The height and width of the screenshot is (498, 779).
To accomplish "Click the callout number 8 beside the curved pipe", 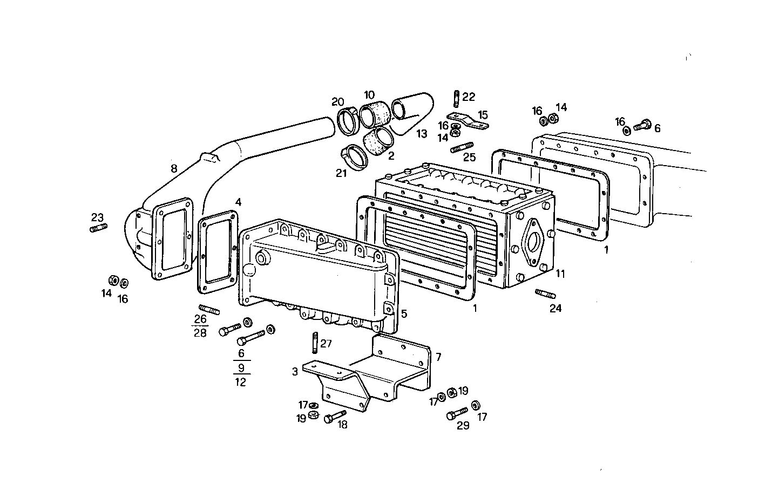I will click(173, 169).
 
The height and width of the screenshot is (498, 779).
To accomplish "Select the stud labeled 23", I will click(98, 228).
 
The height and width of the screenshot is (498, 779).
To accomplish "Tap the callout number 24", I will click(556, 309).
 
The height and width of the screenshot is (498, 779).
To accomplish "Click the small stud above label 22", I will click(456, 99).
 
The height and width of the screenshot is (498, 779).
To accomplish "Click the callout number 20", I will click(338, 102).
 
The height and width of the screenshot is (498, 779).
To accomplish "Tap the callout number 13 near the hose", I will click(421, 133).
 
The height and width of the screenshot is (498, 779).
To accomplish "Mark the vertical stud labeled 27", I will click(314, 343).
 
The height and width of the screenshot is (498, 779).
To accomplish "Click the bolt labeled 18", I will click(335, 417).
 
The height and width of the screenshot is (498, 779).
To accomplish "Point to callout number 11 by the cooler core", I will click(560, 274).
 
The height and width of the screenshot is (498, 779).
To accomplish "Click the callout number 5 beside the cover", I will click(404, 313).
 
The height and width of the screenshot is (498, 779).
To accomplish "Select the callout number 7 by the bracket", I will click(438, 357).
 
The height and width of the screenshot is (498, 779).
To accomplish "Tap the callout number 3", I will click(295, 371).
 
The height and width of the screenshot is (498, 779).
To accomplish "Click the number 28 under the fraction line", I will click(200, 333).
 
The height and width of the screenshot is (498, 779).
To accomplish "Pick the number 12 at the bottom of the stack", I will click(241, 382).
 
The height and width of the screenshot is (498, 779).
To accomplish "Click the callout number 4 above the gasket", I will click(238, 202).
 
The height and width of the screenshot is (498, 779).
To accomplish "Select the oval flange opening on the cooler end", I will click(534, 243).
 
